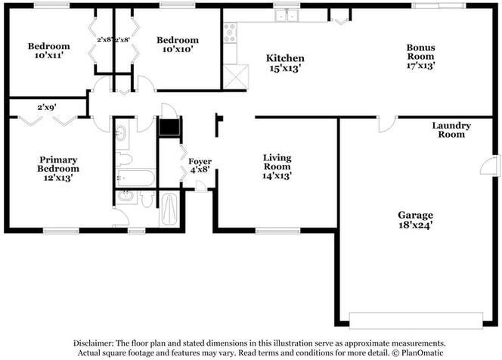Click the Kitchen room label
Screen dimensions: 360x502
(x=286, y=58)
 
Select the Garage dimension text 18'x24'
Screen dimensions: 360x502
(x=411, y=224)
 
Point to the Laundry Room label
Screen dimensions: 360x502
(x=451, y=129)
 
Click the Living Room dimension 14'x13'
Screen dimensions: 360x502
(x=277, y=175)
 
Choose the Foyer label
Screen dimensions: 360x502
(x=200, y=162)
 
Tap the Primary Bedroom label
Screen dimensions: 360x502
(x=59, y=164)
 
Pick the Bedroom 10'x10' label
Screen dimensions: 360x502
(x=178, y=40)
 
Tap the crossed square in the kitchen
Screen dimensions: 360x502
(x=235, y=77)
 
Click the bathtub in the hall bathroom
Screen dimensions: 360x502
(x=137, y=178)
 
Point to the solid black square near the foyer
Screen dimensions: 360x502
(x=169, y=126)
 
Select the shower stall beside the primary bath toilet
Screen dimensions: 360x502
(x=169, y=209)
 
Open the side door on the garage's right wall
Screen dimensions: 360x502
(x=494, y=166)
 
